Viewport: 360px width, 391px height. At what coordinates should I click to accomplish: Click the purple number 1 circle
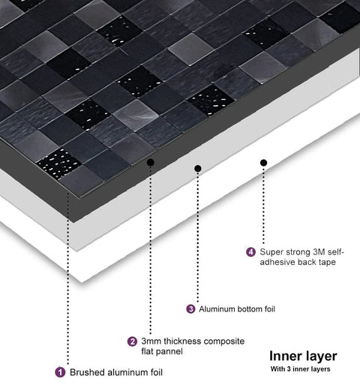[x=60, y=372]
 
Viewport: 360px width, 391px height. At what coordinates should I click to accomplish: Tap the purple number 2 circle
[x=132, y=341]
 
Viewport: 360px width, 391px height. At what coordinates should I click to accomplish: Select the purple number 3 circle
[x=190, y=309]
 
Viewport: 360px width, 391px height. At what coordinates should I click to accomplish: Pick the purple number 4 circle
[x=250, y=252]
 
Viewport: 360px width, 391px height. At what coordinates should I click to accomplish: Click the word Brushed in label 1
[x=85, y=372]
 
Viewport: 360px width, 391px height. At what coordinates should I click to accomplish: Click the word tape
[x=328, y=262]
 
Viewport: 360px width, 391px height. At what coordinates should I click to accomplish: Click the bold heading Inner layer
[x=303, y=356]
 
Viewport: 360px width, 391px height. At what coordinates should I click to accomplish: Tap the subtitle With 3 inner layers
[x=300, y=369]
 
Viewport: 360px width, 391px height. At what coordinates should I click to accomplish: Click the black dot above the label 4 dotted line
[x=263, y=163]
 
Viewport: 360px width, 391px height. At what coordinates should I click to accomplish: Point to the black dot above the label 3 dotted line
[x=198, y=168]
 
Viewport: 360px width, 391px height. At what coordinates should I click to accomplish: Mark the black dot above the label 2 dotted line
[x=150, y=163]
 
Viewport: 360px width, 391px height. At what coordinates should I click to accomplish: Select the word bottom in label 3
[x=249, y=309]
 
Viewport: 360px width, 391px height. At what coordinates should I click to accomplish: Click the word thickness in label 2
[x=183, y=341]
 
